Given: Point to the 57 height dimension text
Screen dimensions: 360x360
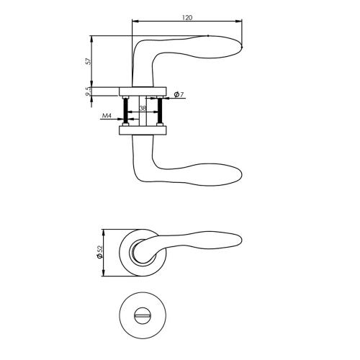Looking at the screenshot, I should tap(88, 62).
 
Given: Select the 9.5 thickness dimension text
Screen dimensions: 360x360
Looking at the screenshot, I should tap(88, 91).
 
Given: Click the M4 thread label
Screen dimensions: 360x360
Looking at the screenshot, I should tap(106, 115).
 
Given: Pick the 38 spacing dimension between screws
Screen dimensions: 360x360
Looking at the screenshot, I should tap(143, 108).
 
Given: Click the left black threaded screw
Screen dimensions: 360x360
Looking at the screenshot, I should tap(127, 111).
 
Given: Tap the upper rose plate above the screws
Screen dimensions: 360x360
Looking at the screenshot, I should tap(143, 91).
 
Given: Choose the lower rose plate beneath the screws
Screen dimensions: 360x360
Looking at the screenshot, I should tap(143, 130).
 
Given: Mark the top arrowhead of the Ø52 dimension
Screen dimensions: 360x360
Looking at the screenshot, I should tap(105, 232).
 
